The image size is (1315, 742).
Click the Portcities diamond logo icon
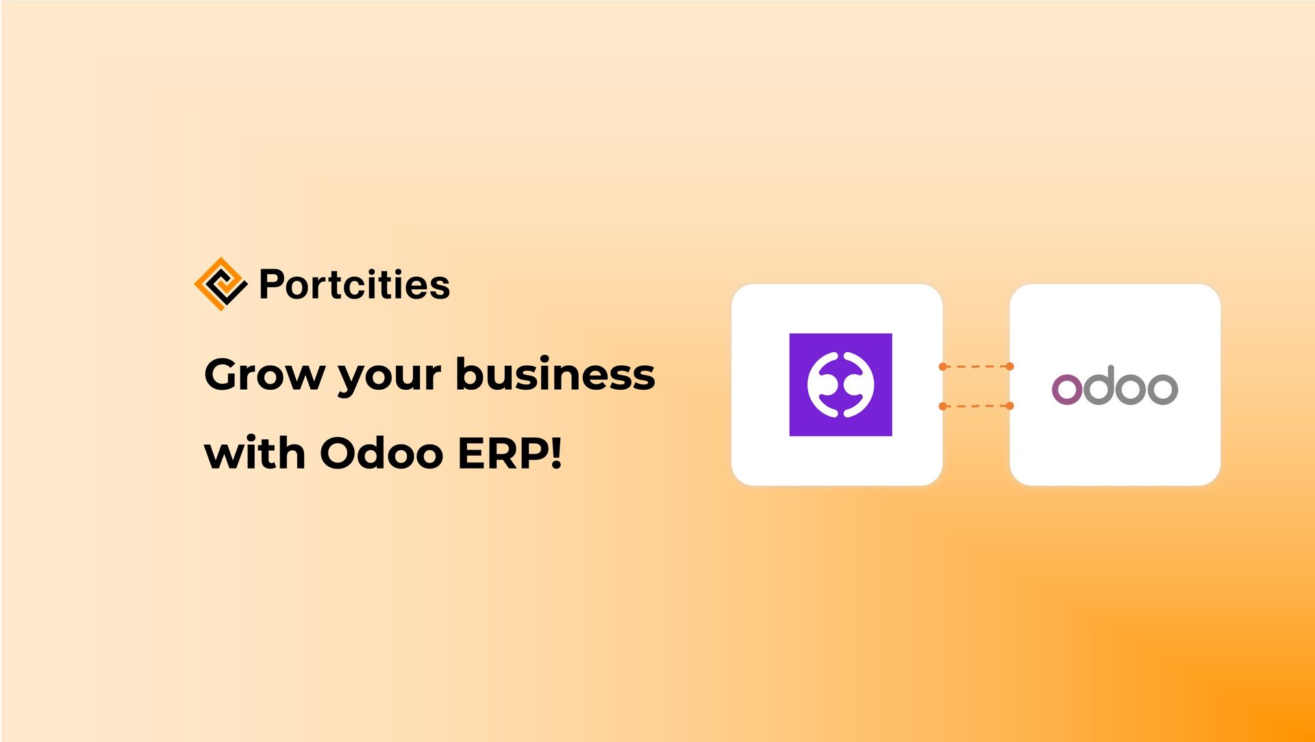tap(220, 284)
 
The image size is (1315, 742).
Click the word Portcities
tap(354, 284)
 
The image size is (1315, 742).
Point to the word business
tap(555, 375)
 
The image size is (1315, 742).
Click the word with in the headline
tap(254, 454)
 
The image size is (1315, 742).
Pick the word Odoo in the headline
tap(381, 454)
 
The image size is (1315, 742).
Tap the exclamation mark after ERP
tap(555, 453)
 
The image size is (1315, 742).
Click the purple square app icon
tap(840, 384)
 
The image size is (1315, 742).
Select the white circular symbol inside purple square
tap(840, 384)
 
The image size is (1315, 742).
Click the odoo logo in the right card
tap(1114, 386)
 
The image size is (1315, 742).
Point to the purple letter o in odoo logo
tap(1066, 389)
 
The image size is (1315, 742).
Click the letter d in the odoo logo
tap(1099, 386)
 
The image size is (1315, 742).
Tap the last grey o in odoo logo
tap(1162, 389)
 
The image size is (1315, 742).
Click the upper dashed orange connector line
tap(976, 367)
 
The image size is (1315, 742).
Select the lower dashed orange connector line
tap(976, 406)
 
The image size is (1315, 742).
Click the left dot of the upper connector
tap(943, 367)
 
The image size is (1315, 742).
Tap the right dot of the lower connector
tap(1010, 406)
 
